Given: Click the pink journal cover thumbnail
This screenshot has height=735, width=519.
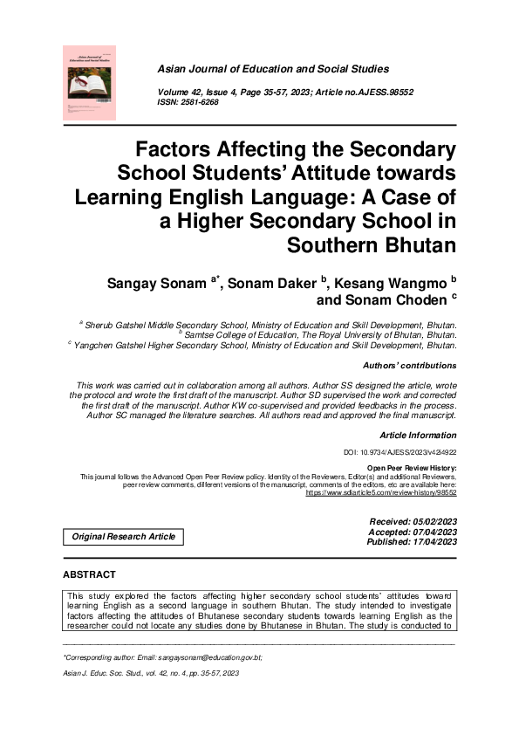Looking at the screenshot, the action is (x=89, y=82).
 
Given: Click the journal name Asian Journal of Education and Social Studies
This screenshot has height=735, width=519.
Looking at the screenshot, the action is (x=273, y=69).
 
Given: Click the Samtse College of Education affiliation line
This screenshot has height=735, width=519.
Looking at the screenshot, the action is (x=318, y=334).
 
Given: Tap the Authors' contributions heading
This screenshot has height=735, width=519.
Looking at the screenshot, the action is (x=409, y=365).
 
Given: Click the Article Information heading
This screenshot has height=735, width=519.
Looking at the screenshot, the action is (x=418, y=435).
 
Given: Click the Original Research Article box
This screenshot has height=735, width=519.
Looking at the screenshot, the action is (x=123, y=536).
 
